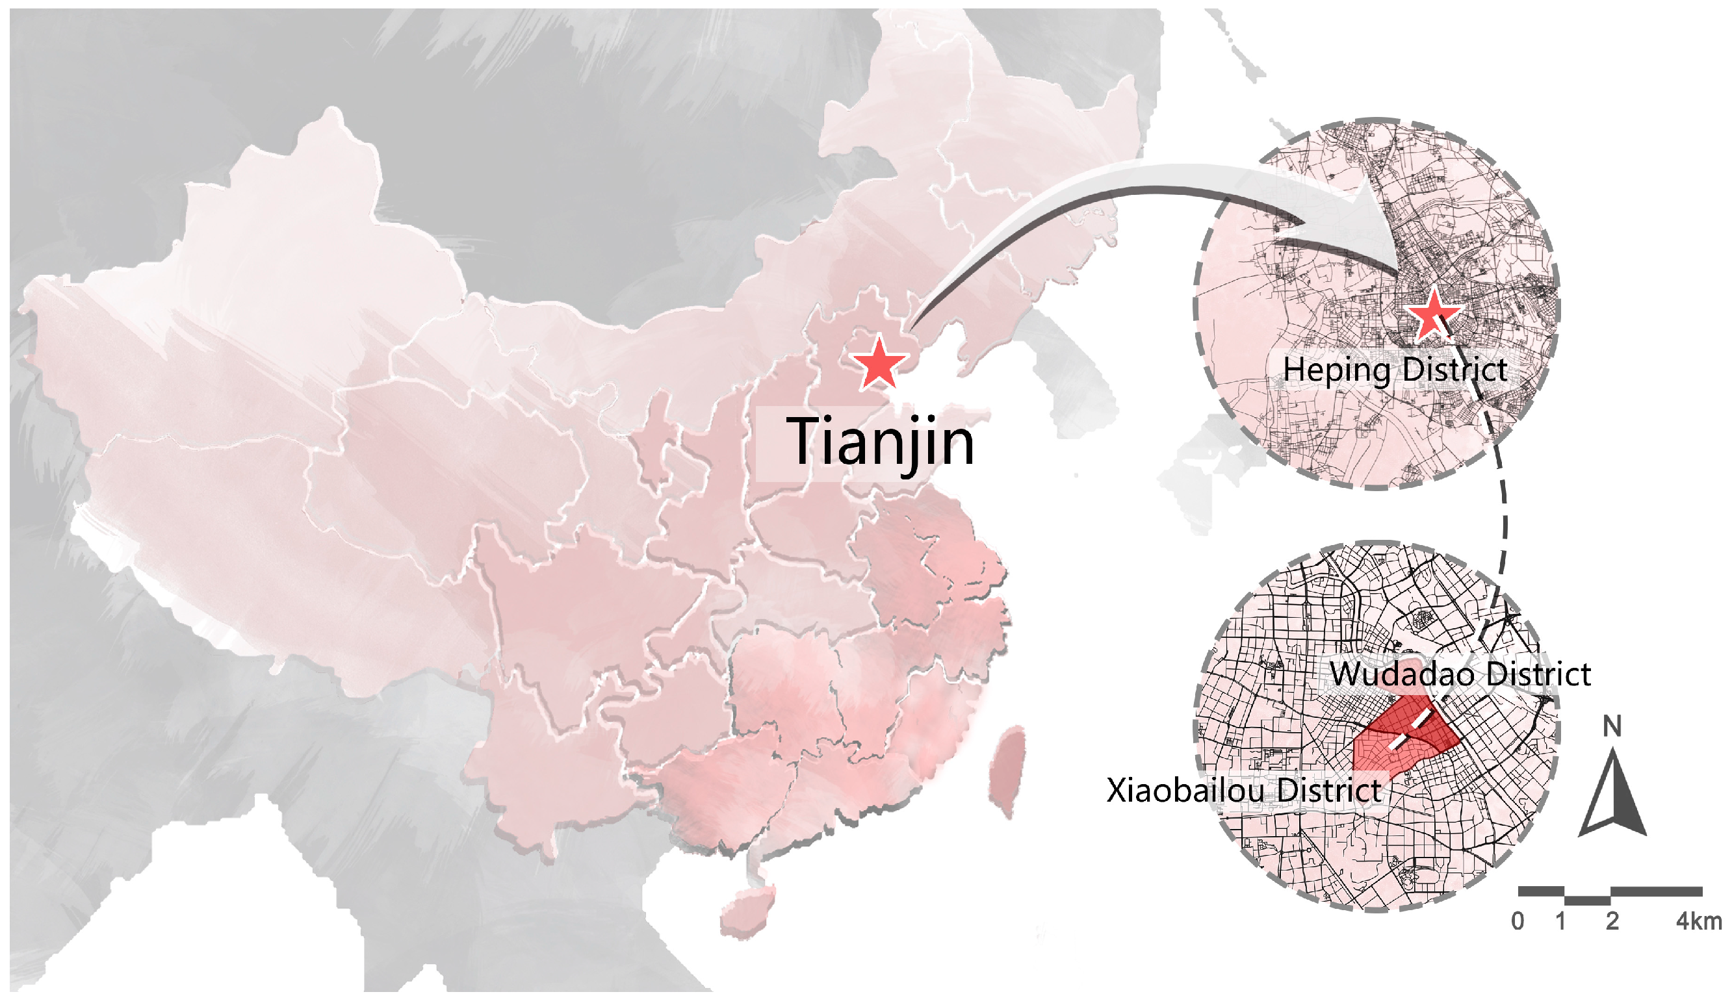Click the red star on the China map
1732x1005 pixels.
(879, 364)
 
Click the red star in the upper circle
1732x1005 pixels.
(1432, 316)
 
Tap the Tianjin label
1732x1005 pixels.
(879, 442)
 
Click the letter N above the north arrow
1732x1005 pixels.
(1612, 726)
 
